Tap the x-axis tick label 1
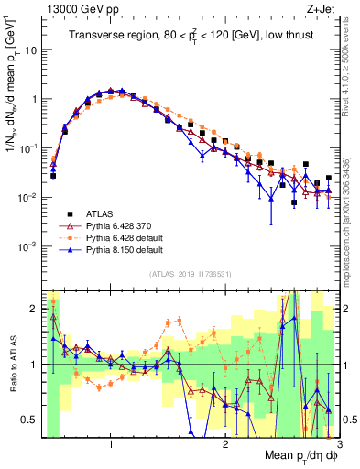click(110, 445)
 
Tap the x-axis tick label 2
click(224, 445)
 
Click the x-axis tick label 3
click(338, 445)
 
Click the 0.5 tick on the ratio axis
click(30, 420)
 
